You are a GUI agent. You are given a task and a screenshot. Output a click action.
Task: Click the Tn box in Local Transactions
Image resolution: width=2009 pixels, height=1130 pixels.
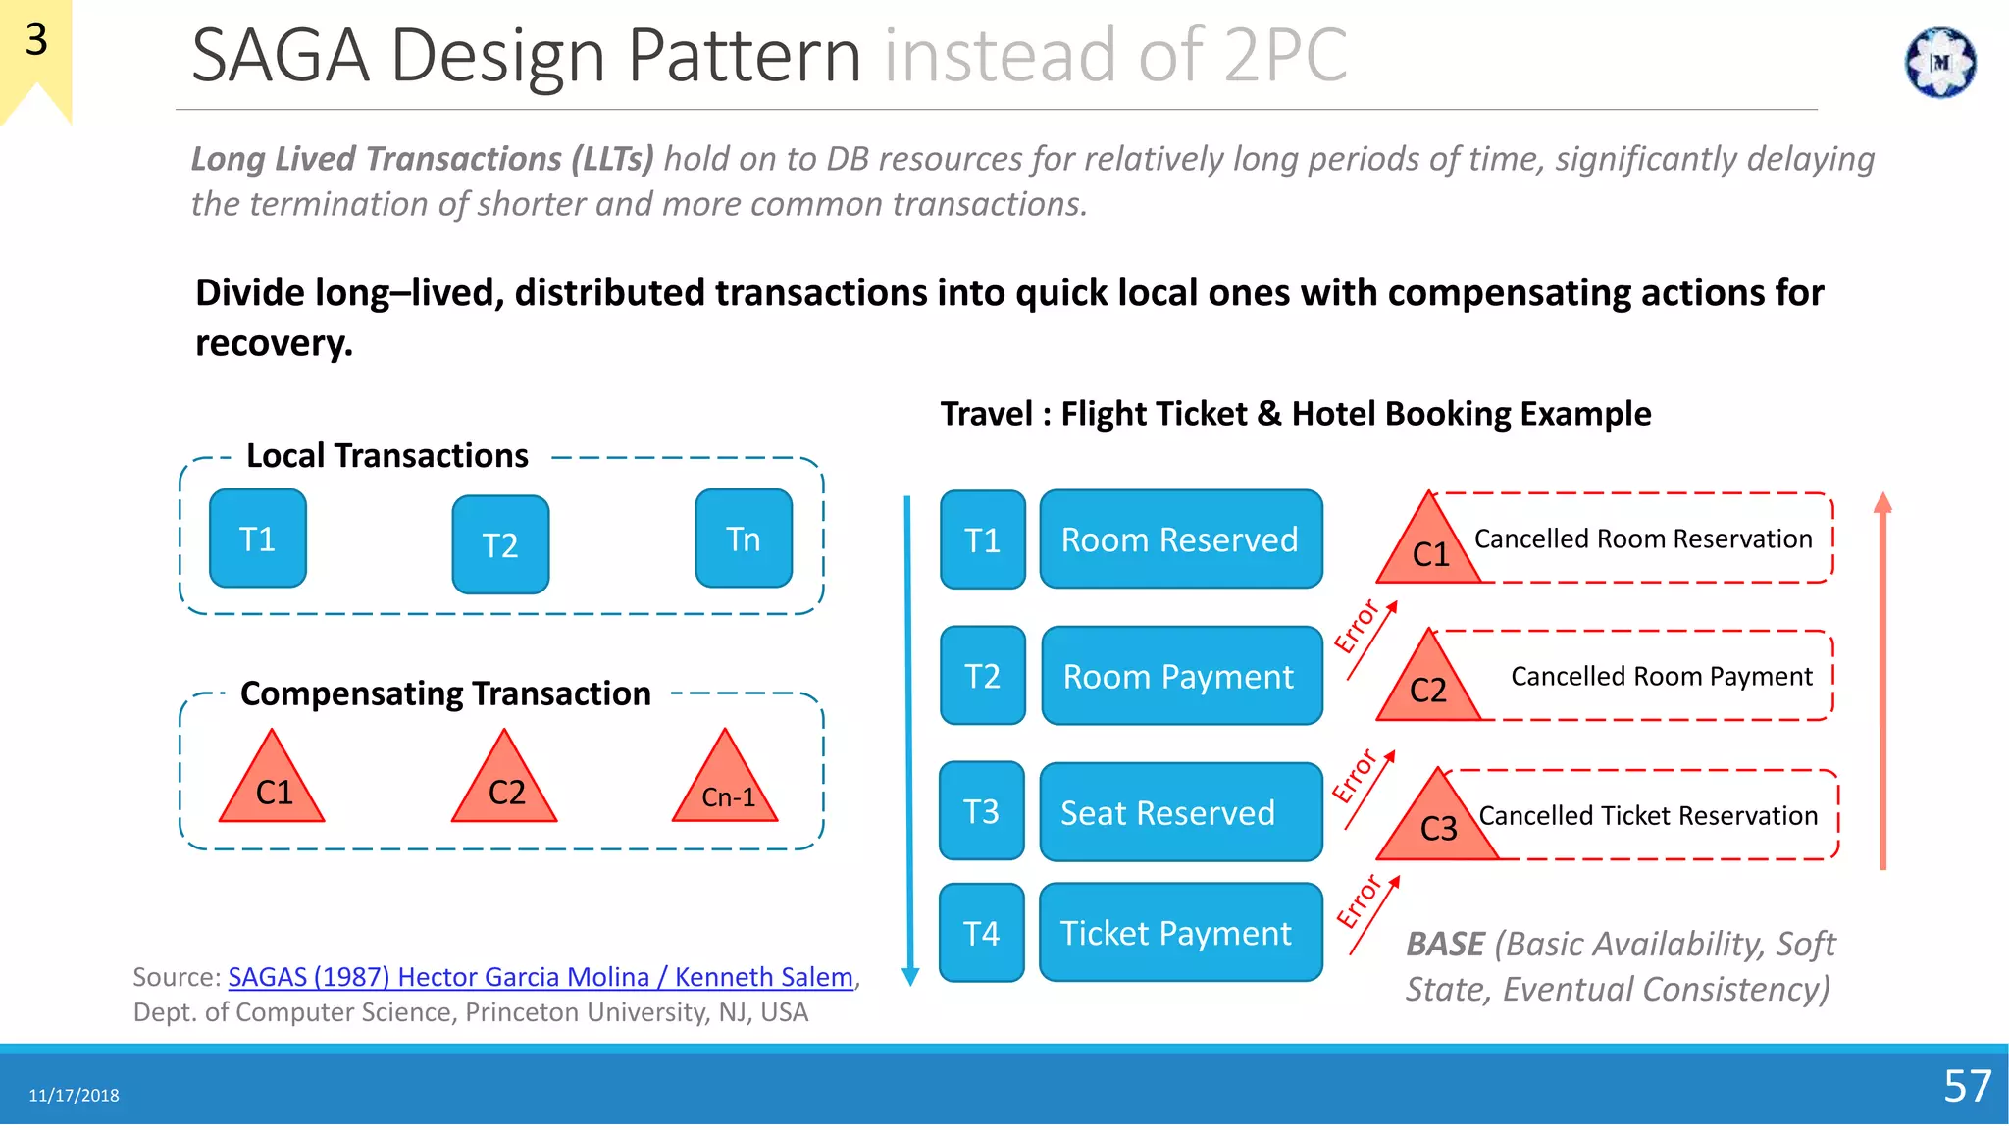click(744, 539)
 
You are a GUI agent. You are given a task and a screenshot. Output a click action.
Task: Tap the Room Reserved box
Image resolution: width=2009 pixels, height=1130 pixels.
click(1181, 539)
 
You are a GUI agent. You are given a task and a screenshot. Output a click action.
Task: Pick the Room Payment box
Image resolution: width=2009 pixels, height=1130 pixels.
click(1181, 676)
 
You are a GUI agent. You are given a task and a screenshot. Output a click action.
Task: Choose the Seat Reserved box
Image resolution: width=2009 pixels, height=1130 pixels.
click(1181, 812)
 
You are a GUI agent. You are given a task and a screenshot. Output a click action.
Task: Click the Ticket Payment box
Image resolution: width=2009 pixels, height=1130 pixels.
click(1181, 933)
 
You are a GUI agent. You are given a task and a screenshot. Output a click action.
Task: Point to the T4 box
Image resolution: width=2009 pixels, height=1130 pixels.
click(982, 933)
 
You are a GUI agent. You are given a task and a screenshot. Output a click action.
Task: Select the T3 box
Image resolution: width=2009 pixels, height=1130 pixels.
click(982, 811)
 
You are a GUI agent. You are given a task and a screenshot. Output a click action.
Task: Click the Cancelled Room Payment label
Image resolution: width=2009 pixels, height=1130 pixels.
click(1662, 676)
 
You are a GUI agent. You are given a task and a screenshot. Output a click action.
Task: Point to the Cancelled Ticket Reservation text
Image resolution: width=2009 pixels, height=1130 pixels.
click(1648, 815)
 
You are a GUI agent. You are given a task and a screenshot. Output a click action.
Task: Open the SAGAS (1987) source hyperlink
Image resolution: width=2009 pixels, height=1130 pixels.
click(541, 977)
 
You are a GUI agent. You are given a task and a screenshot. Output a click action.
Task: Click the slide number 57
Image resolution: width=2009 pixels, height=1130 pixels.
click(1967, 1086)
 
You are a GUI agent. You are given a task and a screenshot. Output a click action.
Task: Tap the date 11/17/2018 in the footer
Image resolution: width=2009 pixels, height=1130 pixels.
click(74, 1096)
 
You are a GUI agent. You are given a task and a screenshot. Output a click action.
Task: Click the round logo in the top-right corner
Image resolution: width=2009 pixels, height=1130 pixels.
click(1940, 63)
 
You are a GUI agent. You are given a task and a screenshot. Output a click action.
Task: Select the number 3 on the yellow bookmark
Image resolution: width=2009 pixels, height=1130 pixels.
click(36, 40)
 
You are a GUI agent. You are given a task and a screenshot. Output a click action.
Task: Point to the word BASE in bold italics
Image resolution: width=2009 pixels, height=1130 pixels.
click(1445, 944)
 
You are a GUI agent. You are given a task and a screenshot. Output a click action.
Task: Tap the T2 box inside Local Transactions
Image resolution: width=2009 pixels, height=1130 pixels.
click(500, 544)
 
